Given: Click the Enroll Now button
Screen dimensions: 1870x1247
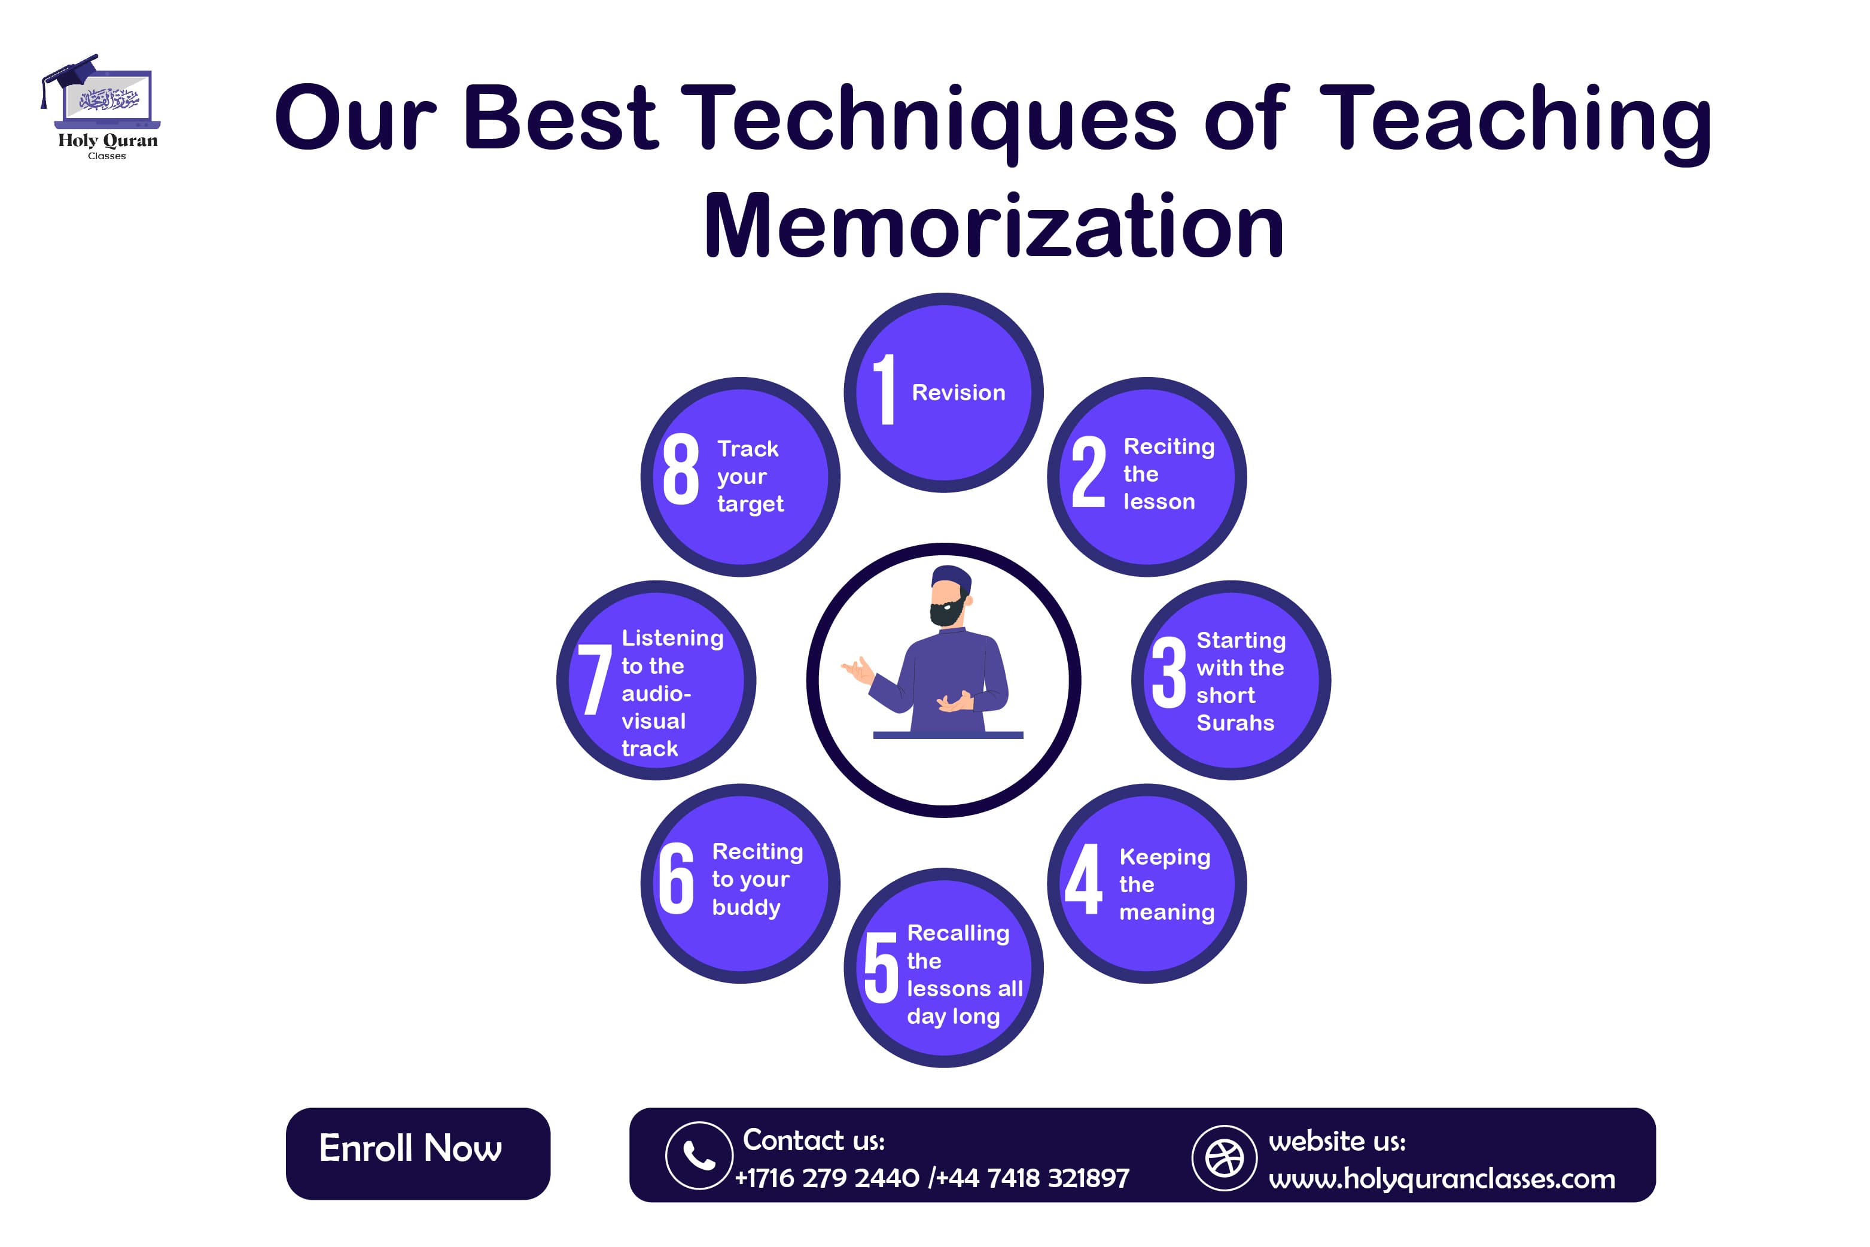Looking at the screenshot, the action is point(418,1153).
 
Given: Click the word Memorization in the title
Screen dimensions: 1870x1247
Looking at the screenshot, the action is point(994,227).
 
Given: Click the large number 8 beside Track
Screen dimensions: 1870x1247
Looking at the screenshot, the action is point(681,469).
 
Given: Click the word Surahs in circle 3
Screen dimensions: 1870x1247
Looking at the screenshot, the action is point(1235,723).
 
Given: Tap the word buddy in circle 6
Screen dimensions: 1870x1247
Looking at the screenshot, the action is point(746,907).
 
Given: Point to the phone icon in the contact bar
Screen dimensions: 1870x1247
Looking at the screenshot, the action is point(699,1155).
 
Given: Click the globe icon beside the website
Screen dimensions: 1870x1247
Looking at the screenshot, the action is point(1225,1158).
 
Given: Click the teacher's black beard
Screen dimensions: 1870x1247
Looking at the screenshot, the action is point(947,611).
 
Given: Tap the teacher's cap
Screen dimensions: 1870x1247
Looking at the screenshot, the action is point(951,577).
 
